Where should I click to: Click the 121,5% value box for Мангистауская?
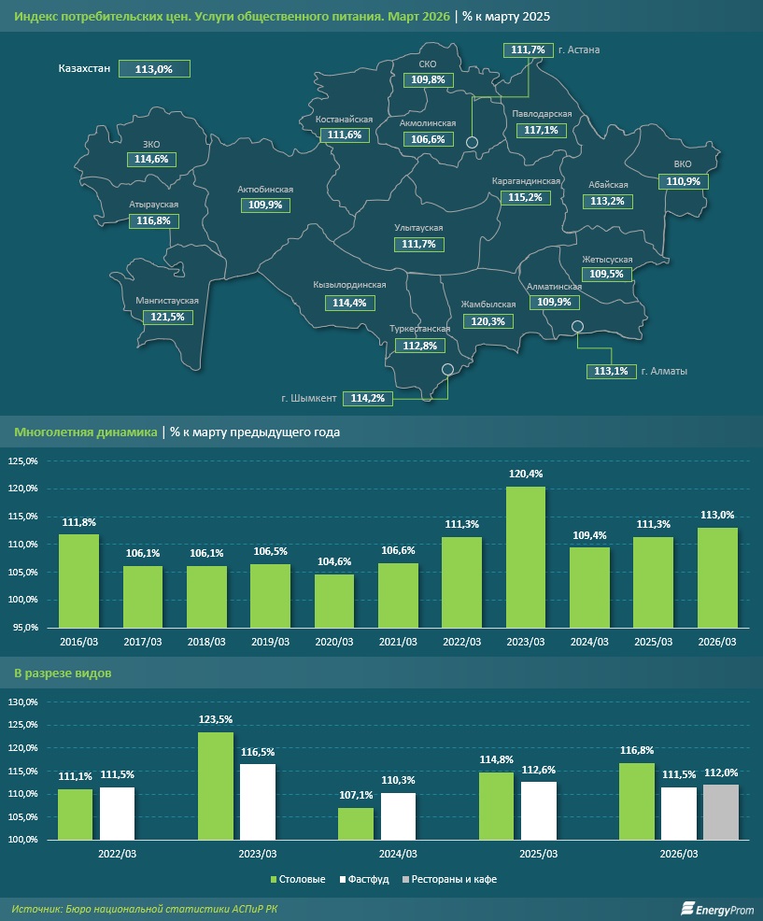[167, 318]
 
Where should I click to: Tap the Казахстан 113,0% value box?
[154, 69]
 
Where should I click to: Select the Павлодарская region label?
[542, 114]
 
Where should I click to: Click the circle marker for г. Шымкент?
[447, 370]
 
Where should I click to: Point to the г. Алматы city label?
[664, 371]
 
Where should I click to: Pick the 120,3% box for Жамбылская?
[488, 321]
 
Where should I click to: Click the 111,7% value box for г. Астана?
[528, 50]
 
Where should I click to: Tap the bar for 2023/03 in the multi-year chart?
[526, 557]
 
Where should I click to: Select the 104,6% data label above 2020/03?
[334, 561]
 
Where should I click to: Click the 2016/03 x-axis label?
[78, 642]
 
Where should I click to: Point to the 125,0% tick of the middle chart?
[23, 461]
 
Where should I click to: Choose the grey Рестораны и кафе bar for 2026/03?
[721, 812]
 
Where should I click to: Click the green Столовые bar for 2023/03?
[216, 786]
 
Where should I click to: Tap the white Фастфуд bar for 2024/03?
[398, 815]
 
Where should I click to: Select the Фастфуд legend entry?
[364, 879]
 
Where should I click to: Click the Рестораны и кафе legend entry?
[449, 879]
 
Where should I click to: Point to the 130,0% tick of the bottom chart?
[23, 701]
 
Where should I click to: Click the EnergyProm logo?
[717, 909]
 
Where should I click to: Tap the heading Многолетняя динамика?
[86, 432]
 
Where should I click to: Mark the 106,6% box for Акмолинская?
[429, 139]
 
